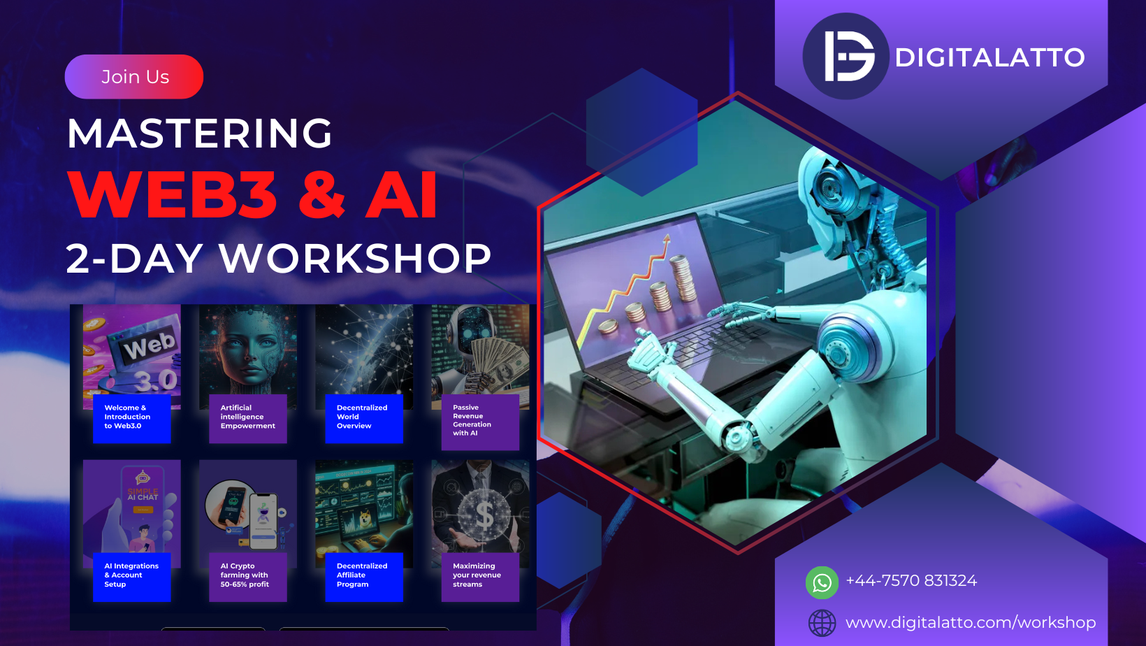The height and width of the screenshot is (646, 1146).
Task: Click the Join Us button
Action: [134, 77]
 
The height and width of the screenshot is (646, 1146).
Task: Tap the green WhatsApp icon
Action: [822, 582]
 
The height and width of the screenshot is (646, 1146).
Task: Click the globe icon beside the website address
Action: [822, 623]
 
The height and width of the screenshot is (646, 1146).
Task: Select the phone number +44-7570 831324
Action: [911, 580]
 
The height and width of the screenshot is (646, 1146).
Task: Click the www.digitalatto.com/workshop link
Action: [971, 622]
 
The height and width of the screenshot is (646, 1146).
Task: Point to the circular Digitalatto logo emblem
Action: [846, 57]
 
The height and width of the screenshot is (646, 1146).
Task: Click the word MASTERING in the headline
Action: [200, 133]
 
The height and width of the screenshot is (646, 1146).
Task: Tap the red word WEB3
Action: [173, 194]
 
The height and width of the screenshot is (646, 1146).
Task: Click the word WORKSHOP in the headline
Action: [355, 258]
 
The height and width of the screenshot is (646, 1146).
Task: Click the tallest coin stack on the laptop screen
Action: [683, 278]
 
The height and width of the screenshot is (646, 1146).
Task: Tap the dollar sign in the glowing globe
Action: [484, 515]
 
